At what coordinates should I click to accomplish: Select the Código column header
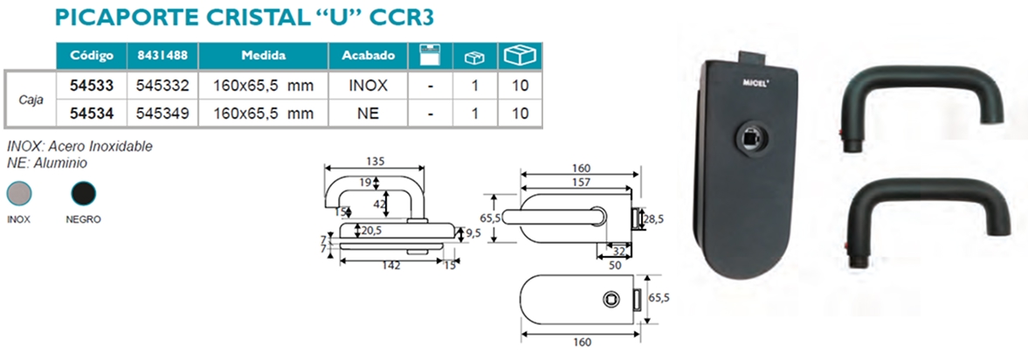tap(91, 56)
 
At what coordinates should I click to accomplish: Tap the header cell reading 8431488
tap(162, 56)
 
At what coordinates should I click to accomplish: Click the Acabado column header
tap(368, 56)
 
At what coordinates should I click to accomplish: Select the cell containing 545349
tap(162, 114)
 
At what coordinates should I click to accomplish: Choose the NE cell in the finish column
tap(368, 114)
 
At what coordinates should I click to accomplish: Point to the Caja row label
tap(32, 100)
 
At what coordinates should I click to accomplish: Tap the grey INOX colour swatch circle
tap(19, 194)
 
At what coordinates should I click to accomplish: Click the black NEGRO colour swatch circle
tap(84, 194)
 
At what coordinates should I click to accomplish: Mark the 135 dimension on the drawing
tap(376, 162)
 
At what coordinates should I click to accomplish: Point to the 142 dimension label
tap(391, 265)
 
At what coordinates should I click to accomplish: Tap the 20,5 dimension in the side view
tap(372, 230)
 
